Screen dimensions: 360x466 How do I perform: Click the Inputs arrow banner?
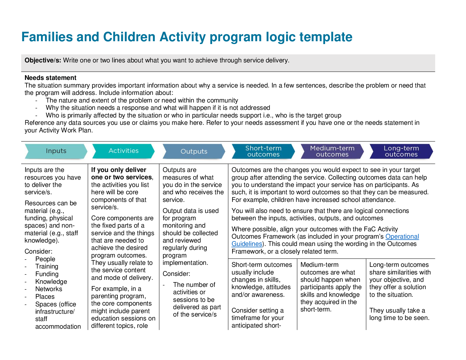pyautogui.click(x=56, y=151)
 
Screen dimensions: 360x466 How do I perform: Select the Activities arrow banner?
pyautogui.click(x=123, y=151)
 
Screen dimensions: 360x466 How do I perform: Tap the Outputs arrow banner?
pyautogui.click(x=194, y=151)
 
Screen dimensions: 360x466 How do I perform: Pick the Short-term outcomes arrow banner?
pyautogui.click(x=263, y=151)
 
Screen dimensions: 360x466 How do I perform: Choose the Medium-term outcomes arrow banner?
pyautogui.click(x=332, y=151)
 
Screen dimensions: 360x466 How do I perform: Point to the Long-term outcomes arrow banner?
pyautogui.click(x=401, y=151)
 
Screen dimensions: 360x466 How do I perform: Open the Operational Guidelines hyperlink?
pyautogui.click(x=402, y=237)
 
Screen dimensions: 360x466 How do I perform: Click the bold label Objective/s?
pyautogui.click(x=43, y=60)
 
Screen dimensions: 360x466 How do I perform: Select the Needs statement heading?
pyautogui.click(x=50, y=78)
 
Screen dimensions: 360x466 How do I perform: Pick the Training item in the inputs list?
pyautogui.click(x=47, y=267)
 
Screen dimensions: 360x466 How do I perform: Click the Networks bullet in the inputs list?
pyautogui.click(x=49, y=289)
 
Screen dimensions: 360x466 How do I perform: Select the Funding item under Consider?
pyautogui.click(x=47, y=274)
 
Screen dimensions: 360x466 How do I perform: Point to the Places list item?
pyautogui.click(x=45, y=297)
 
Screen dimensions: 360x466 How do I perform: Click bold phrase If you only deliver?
pyautogui.click(x=119, y=170)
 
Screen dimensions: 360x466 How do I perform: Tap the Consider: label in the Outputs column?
pyautogui.click(x=176, y=274)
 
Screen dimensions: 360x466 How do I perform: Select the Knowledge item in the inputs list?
pyautogui.click(x=51, y=282)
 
